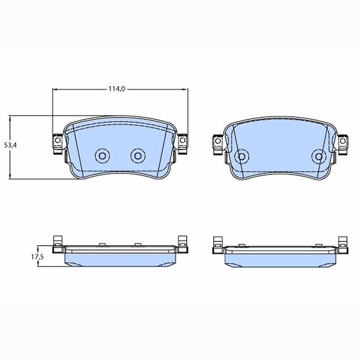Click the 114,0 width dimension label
pyautogui.click(x=117, y=89)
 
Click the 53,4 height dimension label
pyautogui.click(x=10, y=145)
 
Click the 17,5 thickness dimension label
pyautogui.click(x=37, y=256)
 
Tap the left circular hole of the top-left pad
pyautogui.click(x=102, y=156)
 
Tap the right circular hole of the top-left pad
pyautogui.click(x=138, y=156)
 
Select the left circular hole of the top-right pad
pyautogui.click(x=242, y=157)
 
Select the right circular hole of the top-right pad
pyautogui.click(x=319, y=157)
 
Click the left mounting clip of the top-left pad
pyautogui.click(x=58, y=144)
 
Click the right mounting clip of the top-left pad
pyautogui.click(x=183, y=144)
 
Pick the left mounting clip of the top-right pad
pyautogui.click(x=218, y=144)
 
